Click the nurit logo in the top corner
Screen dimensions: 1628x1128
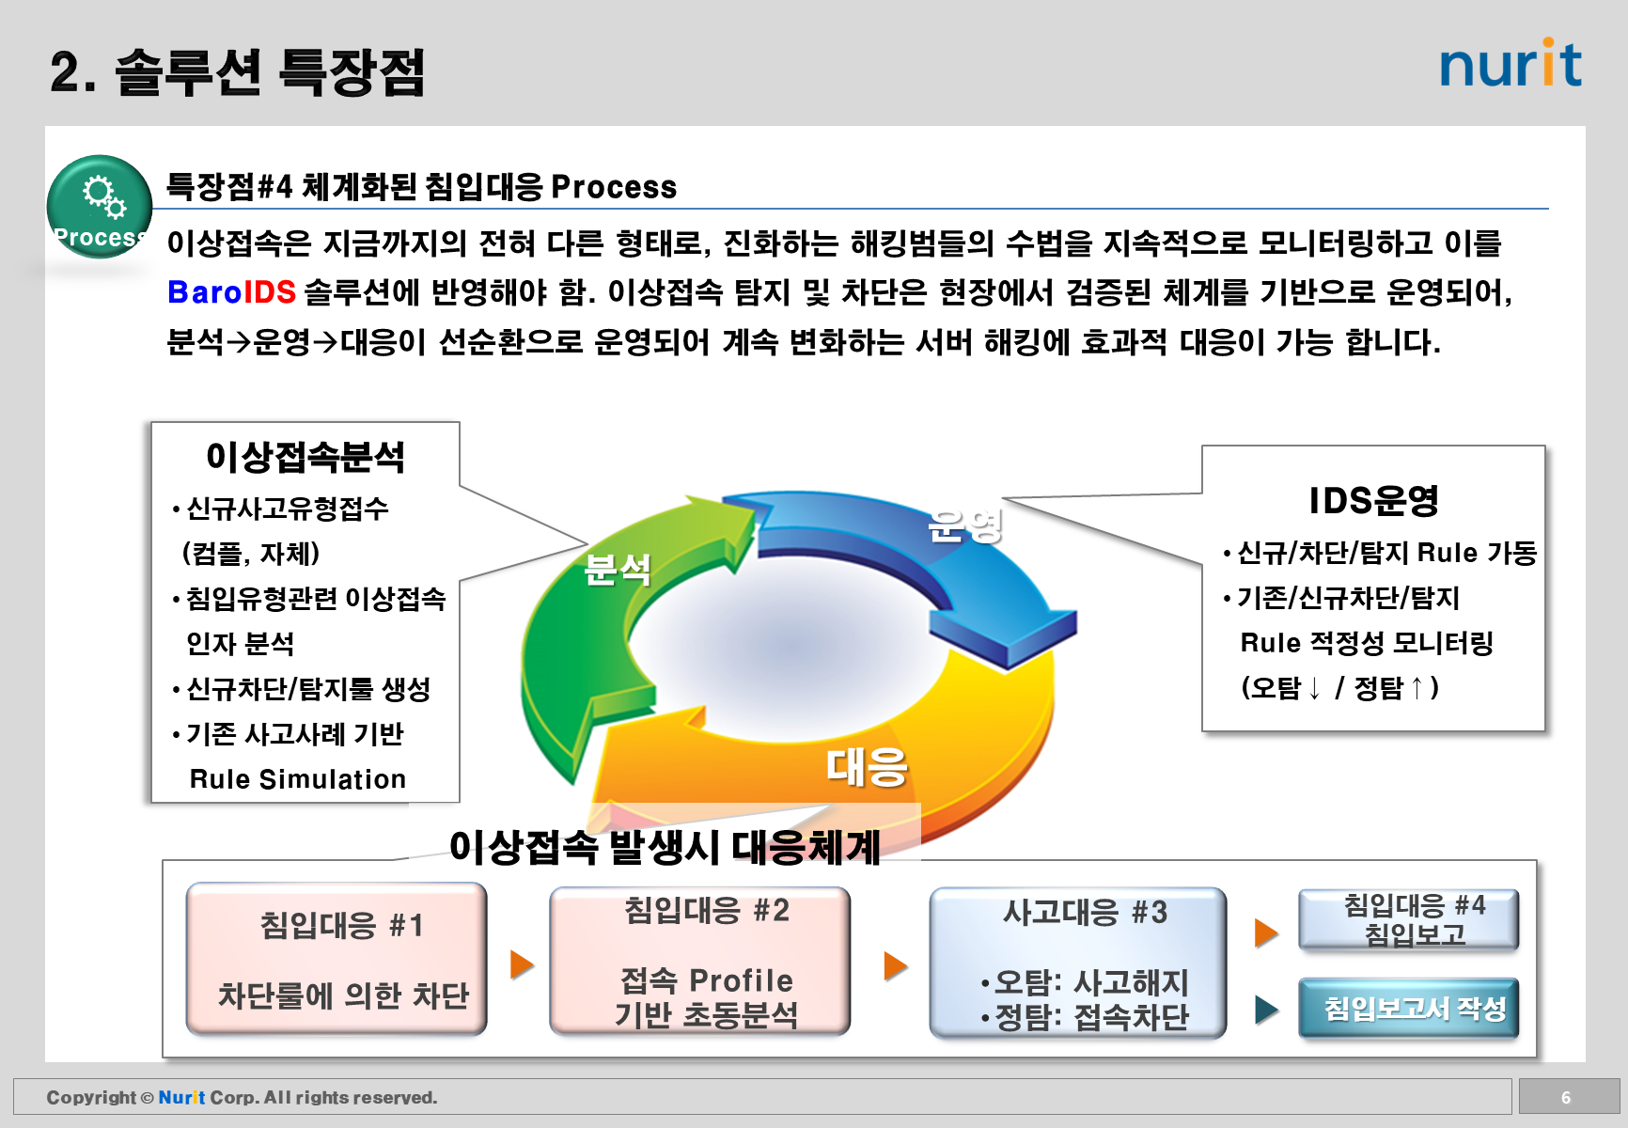(1511, 64)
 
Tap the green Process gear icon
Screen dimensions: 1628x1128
(100, 206)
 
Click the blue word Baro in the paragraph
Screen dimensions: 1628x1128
(205, 292)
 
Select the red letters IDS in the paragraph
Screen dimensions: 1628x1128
(270, 292)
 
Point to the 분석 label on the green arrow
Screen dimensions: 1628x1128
(617, 569)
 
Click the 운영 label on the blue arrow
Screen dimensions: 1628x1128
(964, 525)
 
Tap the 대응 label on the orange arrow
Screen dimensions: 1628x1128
(867, 766)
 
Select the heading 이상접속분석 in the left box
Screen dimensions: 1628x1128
(305, 458)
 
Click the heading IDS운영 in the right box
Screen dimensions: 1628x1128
(1373, 501)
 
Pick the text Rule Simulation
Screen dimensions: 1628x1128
(298, 779)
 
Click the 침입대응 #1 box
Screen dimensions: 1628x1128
(337, 959)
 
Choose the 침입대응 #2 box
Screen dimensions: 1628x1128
(700, 961)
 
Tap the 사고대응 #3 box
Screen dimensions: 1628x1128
(1078, 963)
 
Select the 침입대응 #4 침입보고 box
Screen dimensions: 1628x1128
(1408, 919)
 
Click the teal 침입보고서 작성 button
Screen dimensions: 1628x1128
(1408, 1009)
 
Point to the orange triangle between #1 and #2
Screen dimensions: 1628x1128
(522, 963)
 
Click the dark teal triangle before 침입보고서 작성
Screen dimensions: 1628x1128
(1266, 1010)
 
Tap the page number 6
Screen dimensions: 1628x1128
(1566, 1097)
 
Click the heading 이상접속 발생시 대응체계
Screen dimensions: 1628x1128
(665, 847)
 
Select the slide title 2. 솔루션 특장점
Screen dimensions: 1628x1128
(238, 71)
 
